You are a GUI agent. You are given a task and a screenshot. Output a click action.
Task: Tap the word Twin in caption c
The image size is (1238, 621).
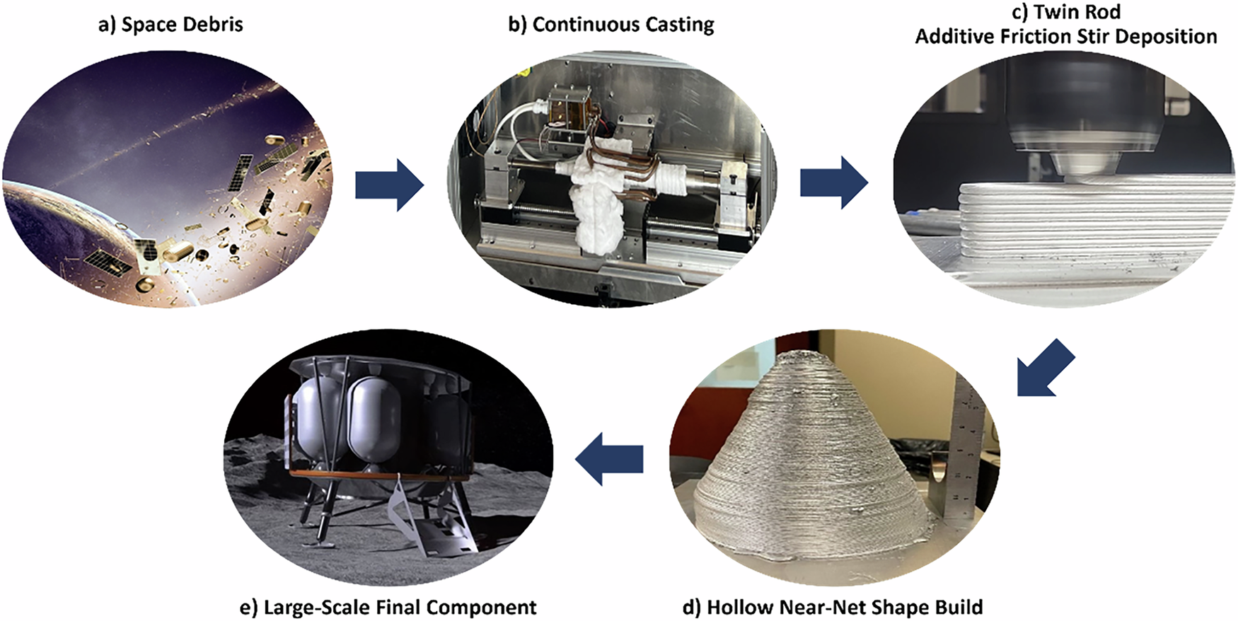[1058, 12]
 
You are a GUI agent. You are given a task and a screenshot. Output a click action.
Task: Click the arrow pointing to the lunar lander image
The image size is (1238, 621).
[609, 459]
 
